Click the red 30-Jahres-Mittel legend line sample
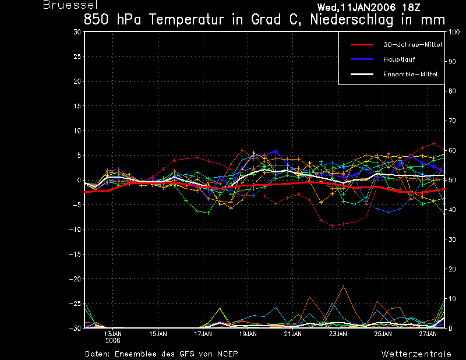click(x=362, y=45)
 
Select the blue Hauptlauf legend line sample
click(x=362, y=59)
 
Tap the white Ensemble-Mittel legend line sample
click(x=362, y=74)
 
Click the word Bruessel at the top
click(x=70, y=5)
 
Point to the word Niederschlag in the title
click(x=352, y=20)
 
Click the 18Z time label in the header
click(x=411, y=8)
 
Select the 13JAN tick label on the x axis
click(x=113, y=334)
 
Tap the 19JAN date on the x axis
click(x=248, y=334)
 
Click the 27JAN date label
click(x=428, y=334)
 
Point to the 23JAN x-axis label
click(x=338, y=334)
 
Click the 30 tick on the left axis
click(x=77, y=32)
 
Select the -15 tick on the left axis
click(x=75, y=254)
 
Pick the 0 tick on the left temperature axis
click(x=79, y=180)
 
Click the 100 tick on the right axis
click(x=454, y=32)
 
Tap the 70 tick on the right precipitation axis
click(x=452, y=121)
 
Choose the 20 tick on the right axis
click(x=452, y=269)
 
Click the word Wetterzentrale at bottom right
click(x=416, y=354)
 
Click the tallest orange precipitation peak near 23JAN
click(x=343, y=286)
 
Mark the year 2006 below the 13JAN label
click(x=113, y=340)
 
